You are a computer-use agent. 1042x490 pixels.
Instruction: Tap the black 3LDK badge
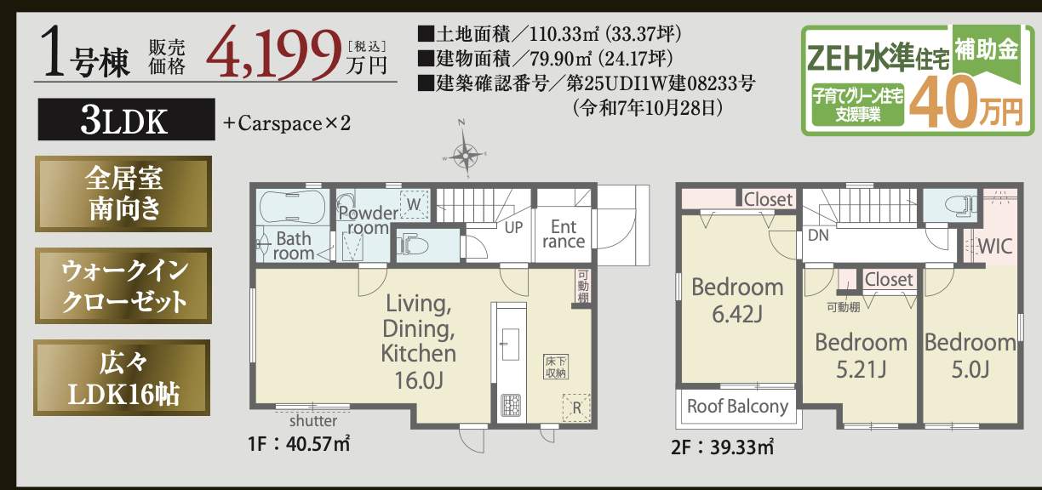(x=124, y=121)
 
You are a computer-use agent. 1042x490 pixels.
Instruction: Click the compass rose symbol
(x=466, y=154)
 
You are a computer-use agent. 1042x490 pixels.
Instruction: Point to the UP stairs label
(x=513, y=228)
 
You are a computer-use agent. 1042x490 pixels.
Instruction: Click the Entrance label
(x=564, y=234)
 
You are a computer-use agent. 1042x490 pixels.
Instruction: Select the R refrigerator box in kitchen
(x=575, y=407)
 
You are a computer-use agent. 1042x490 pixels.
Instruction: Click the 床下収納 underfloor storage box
(x=556, y=367)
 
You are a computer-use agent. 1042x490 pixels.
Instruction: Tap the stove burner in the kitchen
(x=511, y=405)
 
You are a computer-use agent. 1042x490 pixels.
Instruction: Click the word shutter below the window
(x=312, y=420)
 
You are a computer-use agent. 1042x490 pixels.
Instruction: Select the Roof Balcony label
(x=737, y=406)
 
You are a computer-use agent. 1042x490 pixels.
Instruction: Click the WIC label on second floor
(x=993, y=247)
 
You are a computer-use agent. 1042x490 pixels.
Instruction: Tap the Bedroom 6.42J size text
(x=737, y=315)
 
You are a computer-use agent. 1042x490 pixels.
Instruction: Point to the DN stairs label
(x=818, y=234)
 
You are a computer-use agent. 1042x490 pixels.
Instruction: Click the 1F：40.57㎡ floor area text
(x=300, y=444)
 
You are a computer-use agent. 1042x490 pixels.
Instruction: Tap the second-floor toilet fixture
(x=948, y=204)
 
